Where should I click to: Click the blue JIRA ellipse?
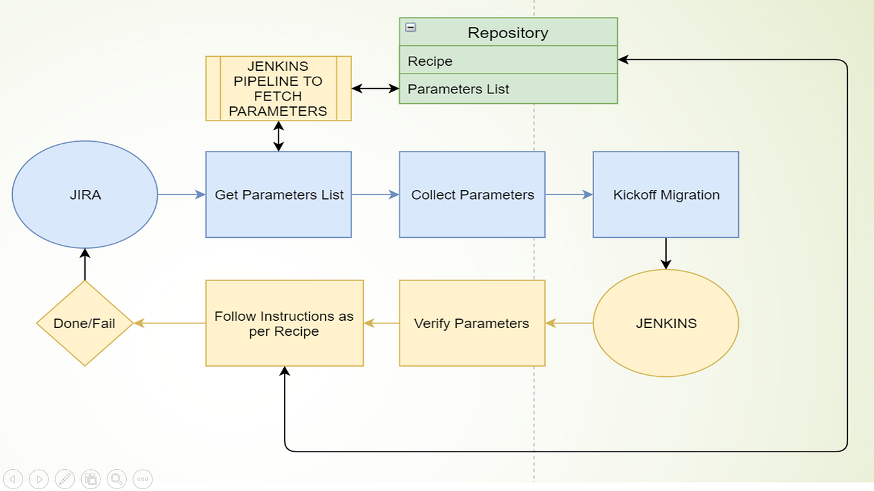point(85,195)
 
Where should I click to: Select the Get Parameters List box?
point(279,195)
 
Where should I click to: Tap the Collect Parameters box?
point(472,195)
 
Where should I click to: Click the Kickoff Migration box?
point(666,195)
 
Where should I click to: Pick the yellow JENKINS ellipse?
point(666,323)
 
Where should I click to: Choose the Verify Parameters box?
point(472,323)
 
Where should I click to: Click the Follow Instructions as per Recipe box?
point(284,323)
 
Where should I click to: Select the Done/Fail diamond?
point(85,323)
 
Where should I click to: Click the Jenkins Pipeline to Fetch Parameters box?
point(278,89)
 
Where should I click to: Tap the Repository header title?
point(508,33)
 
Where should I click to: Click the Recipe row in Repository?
point(508,61)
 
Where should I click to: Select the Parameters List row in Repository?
point(508,89)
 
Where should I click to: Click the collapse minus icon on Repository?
point(411,28)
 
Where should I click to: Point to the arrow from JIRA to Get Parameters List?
point(181,195)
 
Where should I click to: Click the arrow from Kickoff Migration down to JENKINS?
point(666,253)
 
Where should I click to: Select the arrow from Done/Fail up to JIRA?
point(85,265)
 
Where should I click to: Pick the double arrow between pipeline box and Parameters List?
point(375,88)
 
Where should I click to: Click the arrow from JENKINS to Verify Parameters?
point(569,323)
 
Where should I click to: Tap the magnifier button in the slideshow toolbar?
point(116,479)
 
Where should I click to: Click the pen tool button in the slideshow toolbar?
point(65,479)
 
